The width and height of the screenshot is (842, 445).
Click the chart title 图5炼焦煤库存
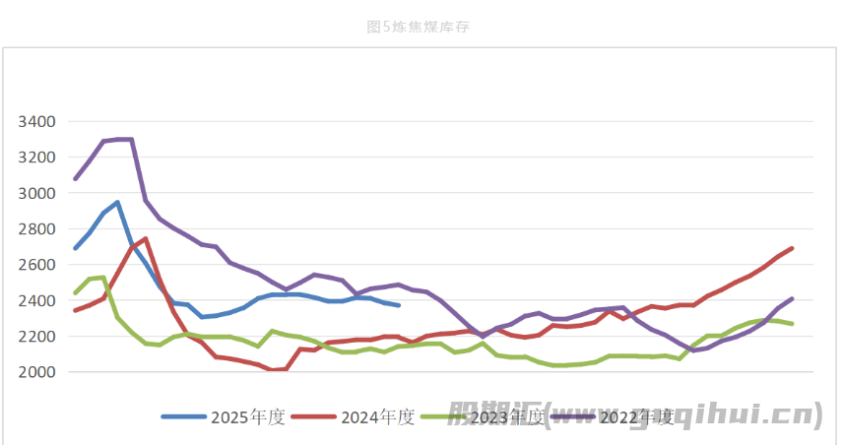[x=418, y=28]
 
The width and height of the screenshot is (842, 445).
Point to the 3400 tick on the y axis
[x=37, y=121]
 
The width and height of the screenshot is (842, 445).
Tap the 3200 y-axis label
[x=37, y=158]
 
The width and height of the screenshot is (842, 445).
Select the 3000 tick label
[x=37, y=193]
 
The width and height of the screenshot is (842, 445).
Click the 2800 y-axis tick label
[x=37, y=229]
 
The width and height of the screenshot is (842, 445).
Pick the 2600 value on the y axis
[x=37, y=265]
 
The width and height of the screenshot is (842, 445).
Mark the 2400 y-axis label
[x=37, y=300]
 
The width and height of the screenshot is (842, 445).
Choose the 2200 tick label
[x=37, y=337]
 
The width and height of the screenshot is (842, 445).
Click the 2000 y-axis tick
[x=37, y=372]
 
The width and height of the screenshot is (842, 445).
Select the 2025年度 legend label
[x=247, y=416]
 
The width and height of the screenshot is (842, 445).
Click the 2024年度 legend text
[x=377, y=416]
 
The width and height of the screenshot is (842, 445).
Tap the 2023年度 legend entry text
[x=508, y=416]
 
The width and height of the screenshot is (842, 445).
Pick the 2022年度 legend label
[x=637, y=416]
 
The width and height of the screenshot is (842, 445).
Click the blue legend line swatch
[x=184, y=416]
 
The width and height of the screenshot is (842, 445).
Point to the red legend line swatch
[x=314, y=416]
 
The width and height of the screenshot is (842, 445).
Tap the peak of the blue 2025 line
[x=117, y=203]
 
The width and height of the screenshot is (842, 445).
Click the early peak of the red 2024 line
[x=146, y=239]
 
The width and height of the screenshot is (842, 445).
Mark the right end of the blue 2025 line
[x=398, y=305]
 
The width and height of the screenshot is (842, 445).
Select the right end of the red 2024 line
[x=792, y=248]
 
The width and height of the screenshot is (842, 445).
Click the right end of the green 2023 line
[x=792, y=324]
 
